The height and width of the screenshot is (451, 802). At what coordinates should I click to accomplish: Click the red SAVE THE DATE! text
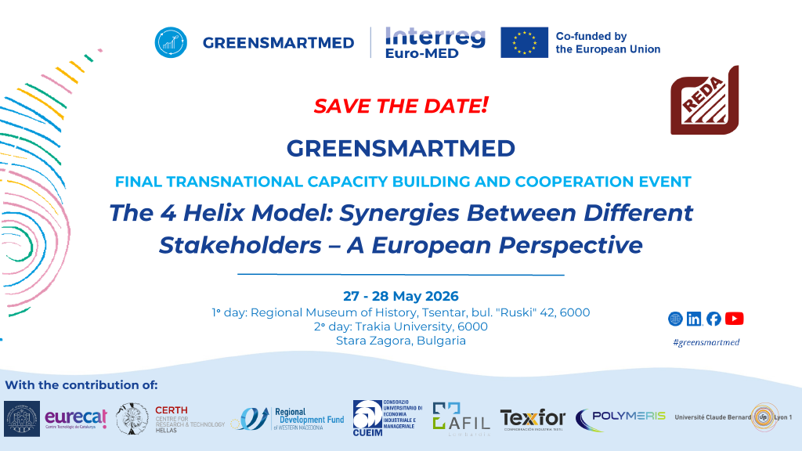(x=401, y=106)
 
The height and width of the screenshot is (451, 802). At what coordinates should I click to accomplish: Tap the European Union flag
(x=524, y=42)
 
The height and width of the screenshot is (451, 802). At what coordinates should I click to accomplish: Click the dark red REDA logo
(x=703, y=102)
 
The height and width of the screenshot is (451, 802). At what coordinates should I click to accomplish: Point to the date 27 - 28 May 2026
(x=400, y=296)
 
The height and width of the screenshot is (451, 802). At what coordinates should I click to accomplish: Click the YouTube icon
(x=735, y=319)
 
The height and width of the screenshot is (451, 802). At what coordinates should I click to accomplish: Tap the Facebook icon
(x=713, y=319)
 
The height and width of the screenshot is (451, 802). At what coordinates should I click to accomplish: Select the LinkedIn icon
(x=694, y=319)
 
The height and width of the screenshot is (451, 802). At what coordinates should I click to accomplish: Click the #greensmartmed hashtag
(x=706, y=342)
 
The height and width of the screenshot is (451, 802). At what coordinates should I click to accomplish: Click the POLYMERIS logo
(x=621, y=416)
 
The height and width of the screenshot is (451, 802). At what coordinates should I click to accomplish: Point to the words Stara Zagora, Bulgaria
(x=400, y=341)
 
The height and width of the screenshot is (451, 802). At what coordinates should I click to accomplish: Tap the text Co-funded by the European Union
(x=607, y=42)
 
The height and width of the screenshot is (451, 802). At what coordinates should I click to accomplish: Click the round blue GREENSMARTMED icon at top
(x=170, y=42)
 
